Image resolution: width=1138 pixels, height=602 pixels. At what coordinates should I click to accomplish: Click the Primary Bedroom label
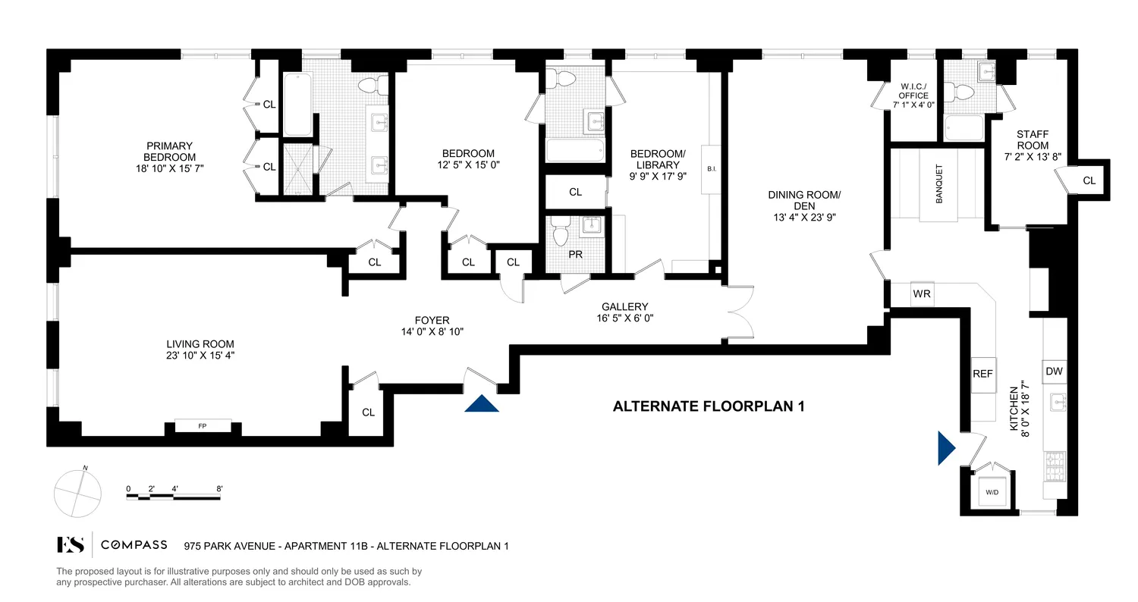point(171,152)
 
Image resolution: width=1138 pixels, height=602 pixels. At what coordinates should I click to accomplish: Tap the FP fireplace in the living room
point(203,426)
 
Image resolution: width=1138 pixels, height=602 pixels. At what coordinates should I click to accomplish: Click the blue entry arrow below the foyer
point(483,403)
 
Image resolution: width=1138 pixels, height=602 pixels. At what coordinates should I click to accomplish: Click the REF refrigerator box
point(983,375)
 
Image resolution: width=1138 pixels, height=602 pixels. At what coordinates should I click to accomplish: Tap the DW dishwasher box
point(1054,371)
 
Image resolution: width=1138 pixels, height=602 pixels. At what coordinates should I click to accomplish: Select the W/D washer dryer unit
point(992,491)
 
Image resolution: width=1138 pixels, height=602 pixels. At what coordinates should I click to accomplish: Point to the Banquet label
point(939,183)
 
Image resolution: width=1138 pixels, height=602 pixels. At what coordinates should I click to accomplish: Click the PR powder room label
point(576,255)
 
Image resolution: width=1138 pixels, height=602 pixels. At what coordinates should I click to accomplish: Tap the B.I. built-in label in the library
point(712,169)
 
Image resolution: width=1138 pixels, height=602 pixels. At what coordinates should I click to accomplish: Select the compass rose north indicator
point(77,491)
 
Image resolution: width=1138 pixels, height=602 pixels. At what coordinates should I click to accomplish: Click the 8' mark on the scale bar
point(219,489)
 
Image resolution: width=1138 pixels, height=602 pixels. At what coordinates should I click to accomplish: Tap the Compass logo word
point(135,544)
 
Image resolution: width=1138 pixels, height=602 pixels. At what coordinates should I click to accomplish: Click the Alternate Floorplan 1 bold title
point(708,407)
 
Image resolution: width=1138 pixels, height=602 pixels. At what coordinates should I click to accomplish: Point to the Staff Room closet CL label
point(1089,180)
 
